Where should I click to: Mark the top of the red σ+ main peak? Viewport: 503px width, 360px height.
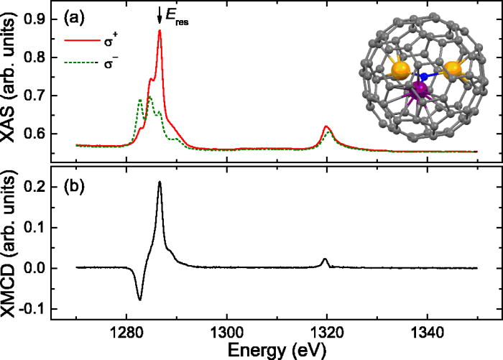point(160,31)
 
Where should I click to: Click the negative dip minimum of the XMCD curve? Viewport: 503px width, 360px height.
point(139,299)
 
